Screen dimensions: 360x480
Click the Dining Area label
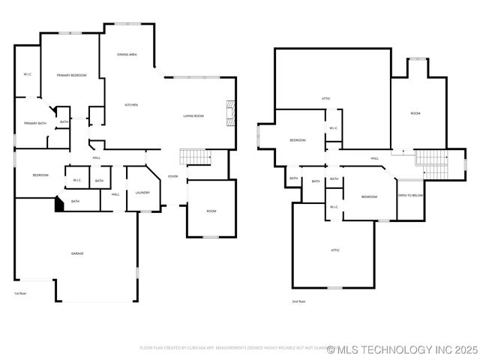tap(127, 55)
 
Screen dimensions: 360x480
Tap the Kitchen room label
tap(130, 104)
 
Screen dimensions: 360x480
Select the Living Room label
tap(193, 115)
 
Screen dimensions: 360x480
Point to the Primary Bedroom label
tap(72, 75)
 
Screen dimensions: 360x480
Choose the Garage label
tap(76, 253)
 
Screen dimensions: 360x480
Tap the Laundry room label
tap(142, 193)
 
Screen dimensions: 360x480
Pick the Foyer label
tap(172, 176)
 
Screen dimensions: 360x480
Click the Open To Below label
tap(410, 195)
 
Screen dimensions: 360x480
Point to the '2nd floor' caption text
tap(298, 301)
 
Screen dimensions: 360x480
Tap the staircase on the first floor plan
tap(195, 157)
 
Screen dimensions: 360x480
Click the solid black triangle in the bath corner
tap(59, 204)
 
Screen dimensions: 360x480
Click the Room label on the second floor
tap(415, 112)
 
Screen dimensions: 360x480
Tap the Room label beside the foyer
tap(211, 211)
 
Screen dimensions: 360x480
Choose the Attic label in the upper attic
tap(326, 98)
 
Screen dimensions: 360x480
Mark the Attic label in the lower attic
tap(335, 250)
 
